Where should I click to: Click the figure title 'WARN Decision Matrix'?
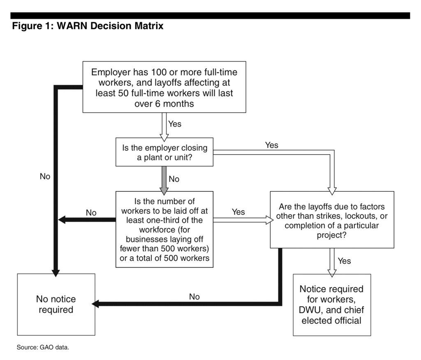point(110,26)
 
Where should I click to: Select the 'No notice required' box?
point(56,304)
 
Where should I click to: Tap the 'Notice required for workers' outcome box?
point(332,305)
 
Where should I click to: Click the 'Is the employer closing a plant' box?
point(164,152)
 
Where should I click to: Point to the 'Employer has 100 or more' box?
point(164,87)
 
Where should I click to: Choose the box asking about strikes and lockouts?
point(332,220)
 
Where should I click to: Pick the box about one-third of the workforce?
point(164,230)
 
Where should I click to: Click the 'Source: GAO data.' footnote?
point(43,347)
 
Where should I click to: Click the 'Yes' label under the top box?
point(175,124)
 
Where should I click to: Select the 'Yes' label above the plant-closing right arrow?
point(272,145)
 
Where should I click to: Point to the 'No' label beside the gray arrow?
point(174,179)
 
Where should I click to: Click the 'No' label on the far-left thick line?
point(45,176)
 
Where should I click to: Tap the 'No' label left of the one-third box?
point(91,213)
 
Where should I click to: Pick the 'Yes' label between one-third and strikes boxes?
point(238,212)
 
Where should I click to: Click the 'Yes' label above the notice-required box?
point(344,261)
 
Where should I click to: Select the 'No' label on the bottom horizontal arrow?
point(194,297)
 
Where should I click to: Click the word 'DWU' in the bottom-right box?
point(310,310)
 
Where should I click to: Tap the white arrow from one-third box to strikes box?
point(243,220)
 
